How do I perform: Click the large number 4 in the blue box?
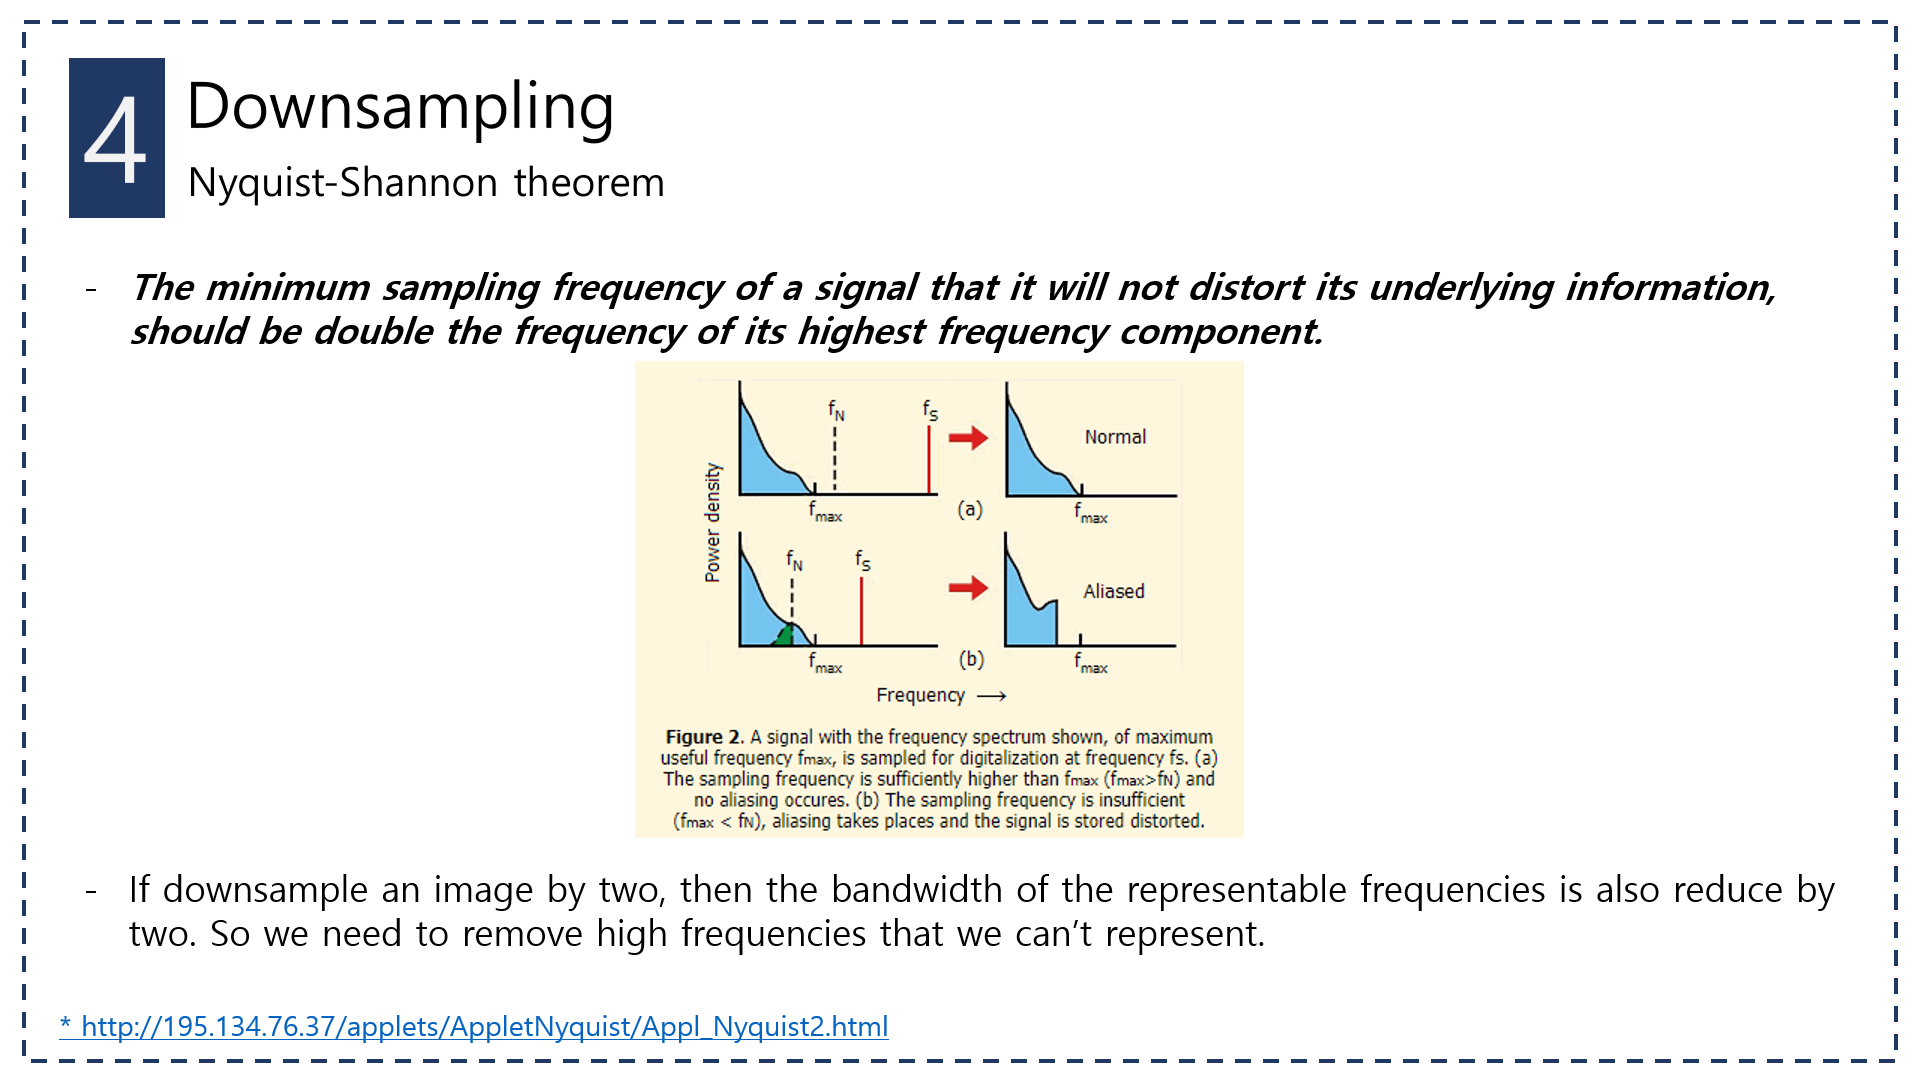pos(116,140)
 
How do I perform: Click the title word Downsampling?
pos(400,106)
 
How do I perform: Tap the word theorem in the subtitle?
pos(589,183)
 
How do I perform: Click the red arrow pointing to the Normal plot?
pos(967,438)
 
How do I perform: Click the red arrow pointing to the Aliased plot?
pos(967,588)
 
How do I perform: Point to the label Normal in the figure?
pos(1115,437)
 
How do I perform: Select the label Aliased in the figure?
pos(1114,591)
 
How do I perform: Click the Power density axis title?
pos(712,522)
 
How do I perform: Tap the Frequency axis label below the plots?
pos(920,695)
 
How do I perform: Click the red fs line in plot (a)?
pos(929,460)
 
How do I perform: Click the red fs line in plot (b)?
pos(861,612)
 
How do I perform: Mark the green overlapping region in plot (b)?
pos(786,636)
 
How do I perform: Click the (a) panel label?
pos(970,509)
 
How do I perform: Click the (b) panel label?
pos(971,659)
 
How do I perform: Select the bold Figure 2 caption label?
pos(703,737)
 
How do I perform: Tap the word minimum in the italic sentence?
pos(288,288)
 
